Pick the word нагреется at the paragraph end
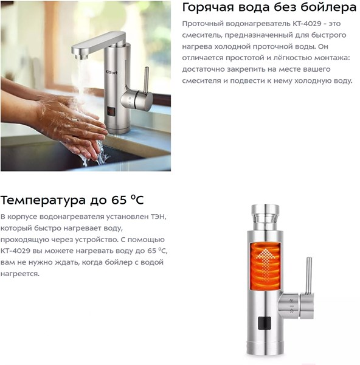[x=20, y=274]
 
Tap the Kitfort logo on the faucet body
[x=112, y=72]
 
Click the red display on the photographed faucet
[x=112, y=112]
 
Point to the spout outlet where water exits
[x=81, y=56]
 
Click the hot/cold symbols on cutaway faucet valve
[x=291, y=306]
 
